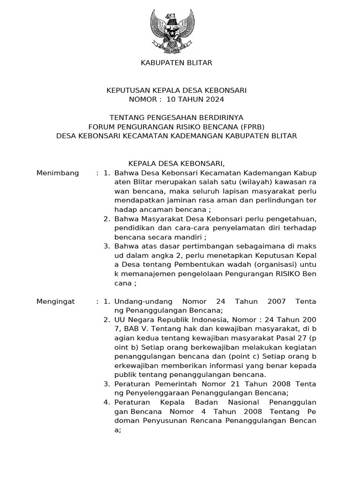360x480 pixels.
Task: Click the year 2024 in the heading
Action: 215,99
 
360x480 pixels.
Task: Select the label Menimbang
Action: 57,173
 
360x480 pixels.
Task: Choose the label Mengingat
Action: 55,301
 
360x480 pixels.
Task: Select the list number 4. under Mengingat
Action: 107,402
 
